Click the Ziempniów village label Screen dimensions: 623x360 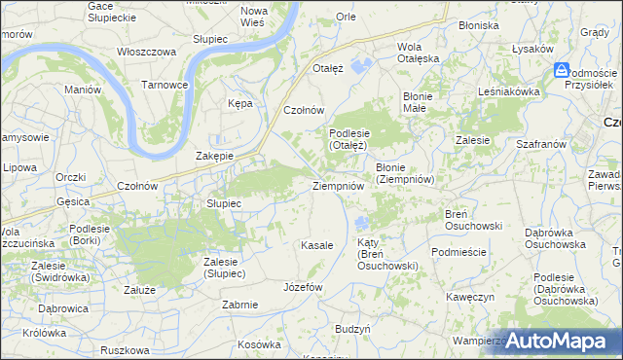[338, 186]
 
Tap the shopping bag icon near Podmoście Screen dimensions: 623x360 [562, 70]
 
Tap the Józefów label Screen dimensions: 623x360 [302, 288]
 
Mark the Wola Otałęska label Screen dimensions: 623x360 [419, 53]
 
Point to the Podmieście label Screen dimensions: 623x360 [458, 250]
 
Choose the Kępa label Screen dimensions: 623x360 [239, 102]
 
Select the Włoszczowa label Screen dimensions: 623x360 [145, 52]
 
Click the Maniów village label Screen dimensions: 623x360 [83, 90]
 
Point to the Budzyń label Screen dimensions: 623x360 [352, 330]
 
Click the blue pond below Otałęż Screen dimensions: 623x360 [363, 66]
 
